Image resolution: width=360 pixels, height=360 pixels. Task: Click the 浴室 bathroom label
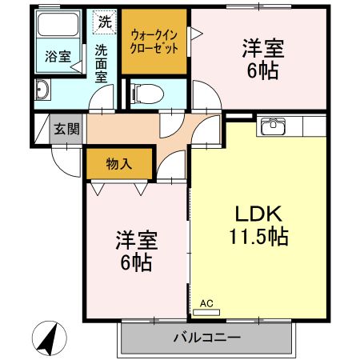pyautogui.click(x=56, y=57)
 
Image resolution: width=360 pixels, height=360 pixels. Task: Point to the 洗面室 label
pyautogui.click(x=102, y=63)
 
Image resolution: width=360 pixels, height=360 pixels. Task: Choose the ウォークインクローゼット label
pyautogui.click(x=154, y=41)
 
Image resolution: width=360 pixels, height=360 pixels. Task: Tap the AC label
pyautogui.click(x=206, y=303)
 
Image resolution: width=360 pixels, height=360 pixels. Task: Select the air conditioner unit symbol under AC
pyautogui.click(x=210, y=312)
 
